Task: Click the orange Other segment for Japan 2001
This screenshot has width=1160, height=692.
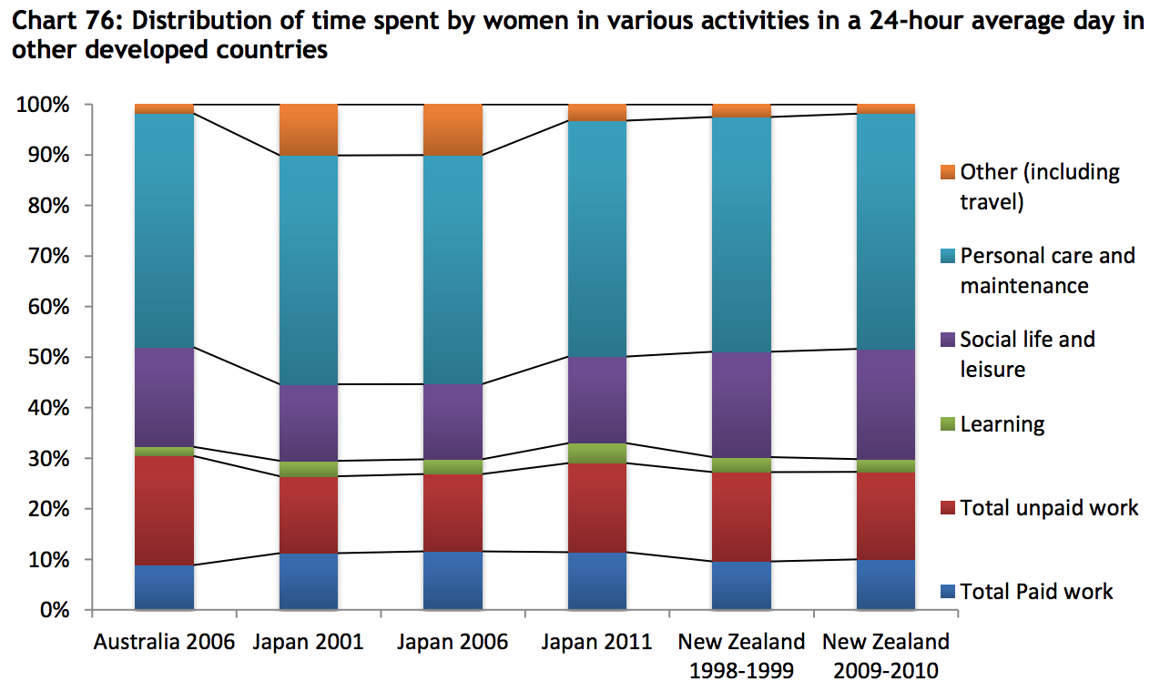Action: pos(309,129)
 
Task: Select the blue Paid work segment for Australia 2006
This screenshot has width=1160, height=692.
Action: pos(164,587)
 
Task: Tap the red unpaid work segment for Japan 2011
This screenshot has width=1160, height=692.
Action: pos(597,508)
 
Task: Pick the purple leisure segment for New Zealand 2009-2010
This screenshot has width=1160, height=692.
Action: pos(886,404)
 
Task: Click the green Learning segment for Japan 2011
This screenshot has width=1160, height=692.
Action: pos(597,453)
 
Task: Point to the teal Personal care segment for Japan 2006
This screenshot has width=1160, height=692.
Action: pos(453,270)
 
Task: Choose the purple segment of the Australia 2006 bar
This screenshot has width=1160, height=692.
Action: pos(164,397)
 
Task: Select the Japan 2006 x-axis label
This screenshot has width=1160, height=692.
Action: pos(453,642)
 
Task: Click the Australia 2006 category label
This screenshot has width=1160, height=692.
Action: pos(164,642)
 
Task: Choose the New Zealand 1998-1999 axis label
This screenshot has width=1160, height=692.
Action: pos(741,656)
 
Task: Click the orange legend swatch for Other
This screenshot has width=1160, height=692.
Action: pos(947,171)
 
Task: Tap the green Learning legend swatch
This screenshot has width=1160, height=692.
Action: pos(947,424)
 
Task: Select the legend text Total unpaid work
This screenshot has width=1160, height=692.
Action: pos(1049,508)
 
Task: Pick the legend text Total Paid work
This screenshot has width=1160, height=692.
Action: pos(1036,592)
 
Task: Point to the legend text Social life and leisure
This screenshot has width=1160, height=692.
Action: pos(1027,354)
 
